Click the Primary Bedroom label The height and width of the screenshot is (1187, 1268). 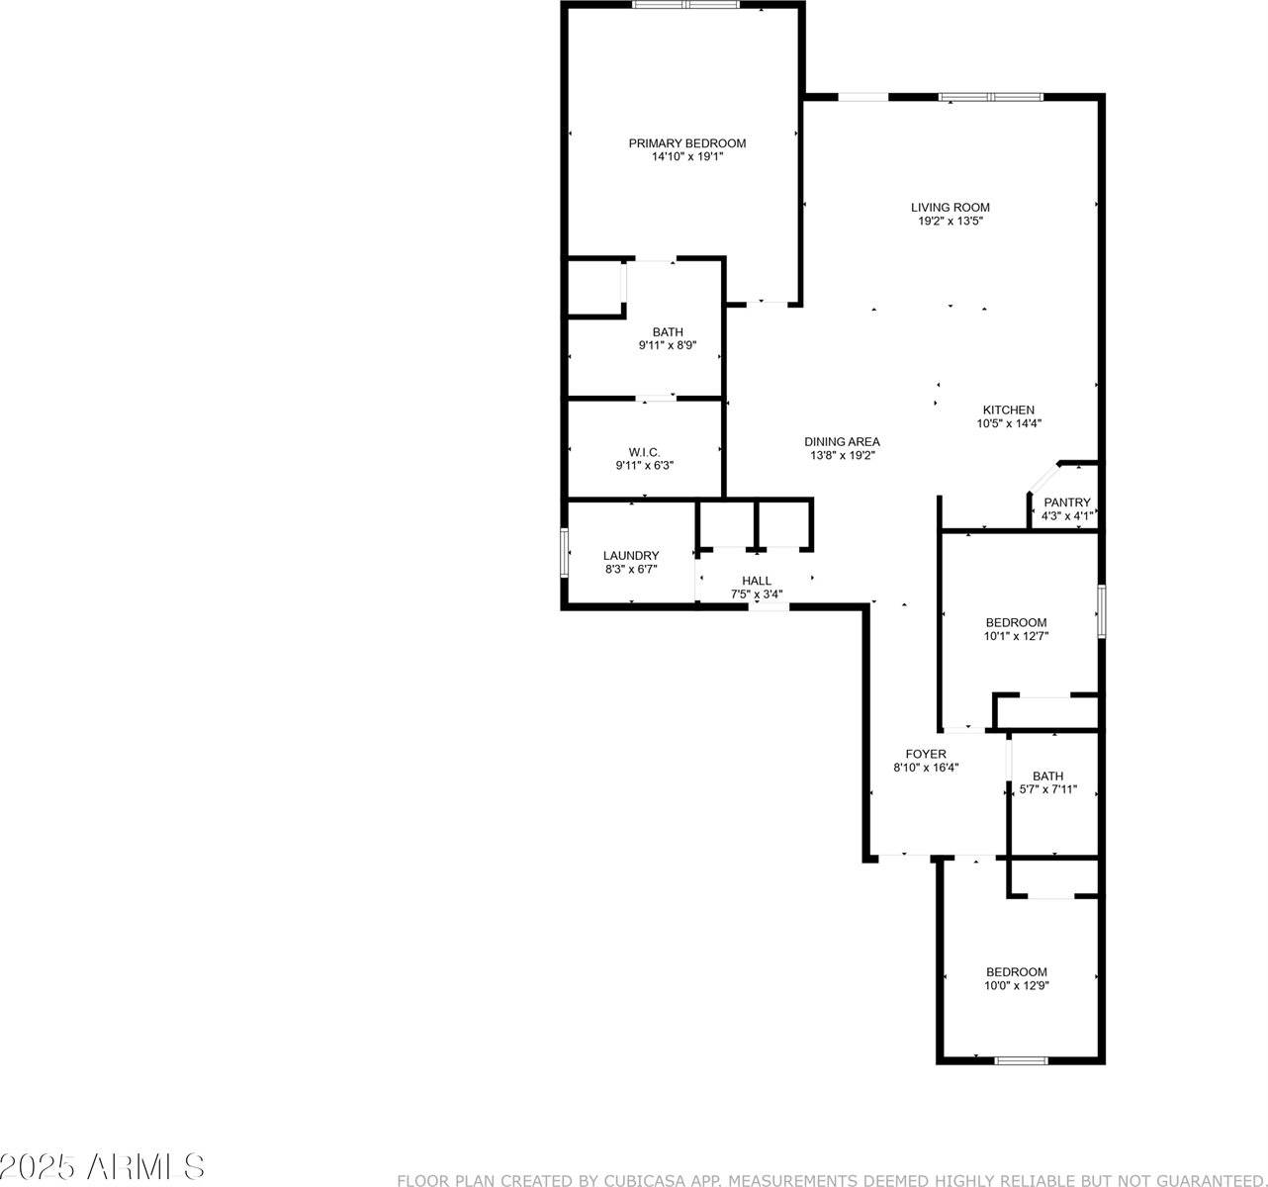[687, 143]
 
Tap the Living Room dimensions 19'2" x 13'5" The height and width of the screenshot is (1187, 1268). [950, 222]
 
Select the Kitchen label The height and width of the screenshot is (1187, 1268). [1008, 410]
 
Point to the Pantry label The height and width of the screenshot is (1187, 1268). [1067, 502]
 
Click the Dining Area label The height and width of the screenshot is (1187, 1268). [842, 442]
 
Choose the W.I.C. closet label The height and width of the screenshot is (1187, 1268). [644, 451]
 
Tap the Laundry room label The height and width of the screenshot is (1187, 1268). [631, 556]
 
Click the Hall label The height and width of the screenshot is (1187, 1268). [757, 582]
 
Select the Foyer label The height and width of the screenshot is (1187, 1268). [926, 754]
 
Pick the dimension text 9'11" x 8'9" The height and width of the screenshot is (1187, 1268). [668, 346]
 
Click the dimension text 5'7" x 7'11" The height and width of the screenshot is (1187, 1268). [1048, 790]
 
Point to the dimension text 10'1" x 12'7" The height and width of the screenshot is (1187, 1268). [1016, 636]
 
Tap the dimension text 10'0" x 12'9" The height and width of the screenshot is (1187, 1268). [1016, 985]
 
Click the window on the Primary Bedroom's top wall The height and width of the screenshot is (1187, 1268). [685, 5]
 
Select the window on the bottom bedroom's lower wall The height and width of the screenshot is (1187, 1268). [1021, 1060]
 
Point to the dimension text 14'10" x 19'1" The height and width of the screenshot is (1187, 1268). [687, 156]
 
